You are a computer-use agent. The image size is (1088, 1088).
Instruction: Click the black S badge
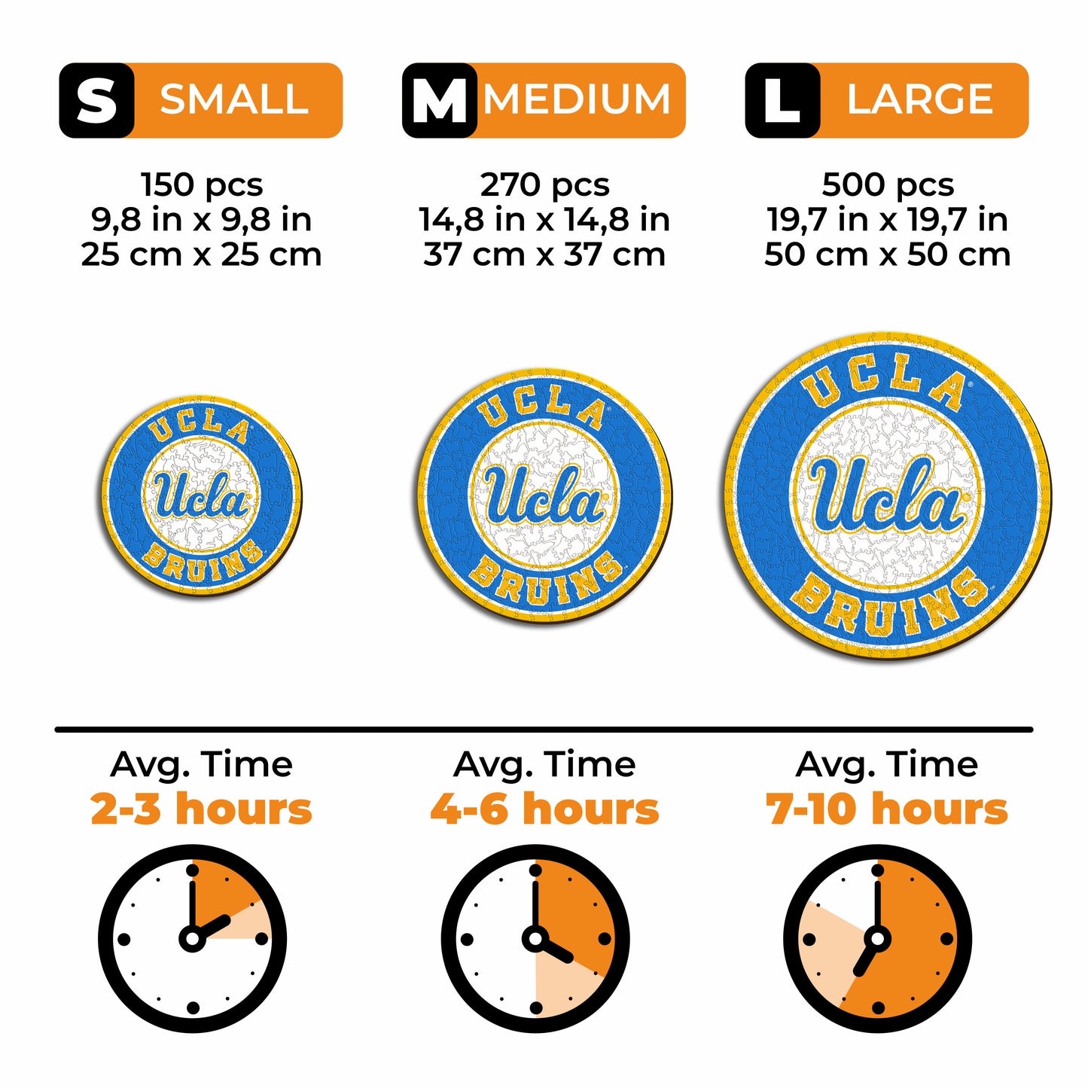[96, 100]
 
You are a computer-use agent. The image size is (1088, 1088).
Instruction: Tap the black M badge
[439, 100]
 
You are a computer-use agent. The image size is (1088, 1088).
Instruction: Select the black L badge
[782, 100]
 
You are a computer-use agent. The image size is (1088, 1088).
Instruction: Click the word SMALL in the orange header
[234, 100]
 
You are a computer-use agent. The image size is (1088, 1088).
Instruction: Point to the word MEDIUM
[577, 100]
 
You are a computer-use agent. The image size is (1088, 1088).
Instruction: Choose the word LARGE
[920, 100]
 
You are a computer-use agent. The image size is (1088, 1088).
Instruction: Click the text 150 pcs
[202, 185]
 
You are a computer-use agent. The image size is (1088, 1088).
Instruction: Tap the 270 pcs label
[545, 185]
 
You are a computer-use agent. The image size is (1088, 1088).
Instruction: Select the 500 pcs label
[888, 185]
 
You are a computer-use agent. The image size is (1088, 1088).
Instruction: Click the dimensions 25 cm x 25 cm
[202, 254]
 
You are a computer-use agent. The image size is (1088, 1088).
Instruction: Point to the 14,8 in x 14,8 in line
[544, 220]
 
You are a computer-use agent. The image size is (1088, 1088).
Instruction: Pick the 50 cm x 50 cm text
[887, 254]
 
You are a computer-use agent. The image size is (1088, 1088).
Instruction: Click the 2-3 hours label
[202, 809]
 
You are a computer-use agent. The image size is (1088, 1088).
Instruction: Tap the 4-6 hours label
[545, 809]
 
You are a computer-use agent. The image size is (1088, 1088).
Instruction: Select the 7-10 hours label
[887, 809]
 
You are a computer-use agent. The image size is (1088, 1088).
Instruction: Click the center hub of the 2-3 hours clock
[193, 940]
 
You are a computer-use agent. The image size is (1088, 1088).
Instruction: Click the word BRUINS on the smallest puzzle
[203, 563]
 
